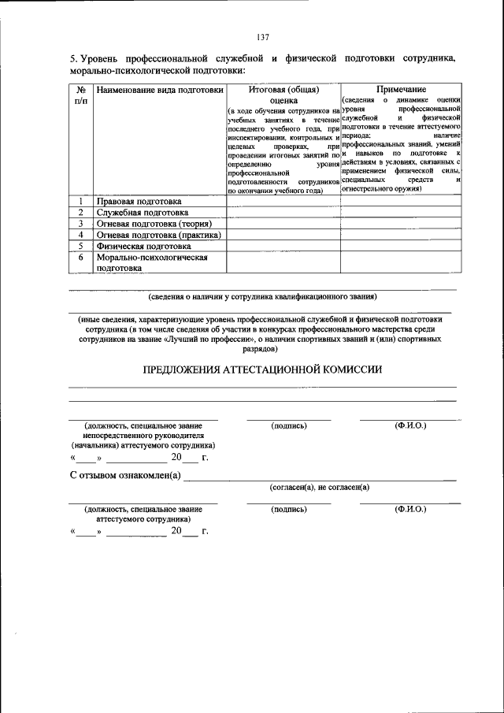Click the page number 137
(x=263, y=37)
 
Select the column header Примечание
(x=401, y=90)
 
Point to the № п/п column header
(x=80, y=95)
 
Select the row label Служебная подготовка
(x=142, y=213)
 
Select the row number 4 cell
(x=80, y=235)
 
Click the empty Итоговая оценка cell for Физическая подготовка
(x=283, y=246)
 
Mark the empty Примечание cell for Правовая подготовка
(x=401, y=202)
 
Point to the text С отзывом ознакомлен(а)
(x=125, y=475)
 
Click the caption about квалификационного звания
(x=263, y=297)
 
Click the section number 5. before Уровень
(x=73, y=60)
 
